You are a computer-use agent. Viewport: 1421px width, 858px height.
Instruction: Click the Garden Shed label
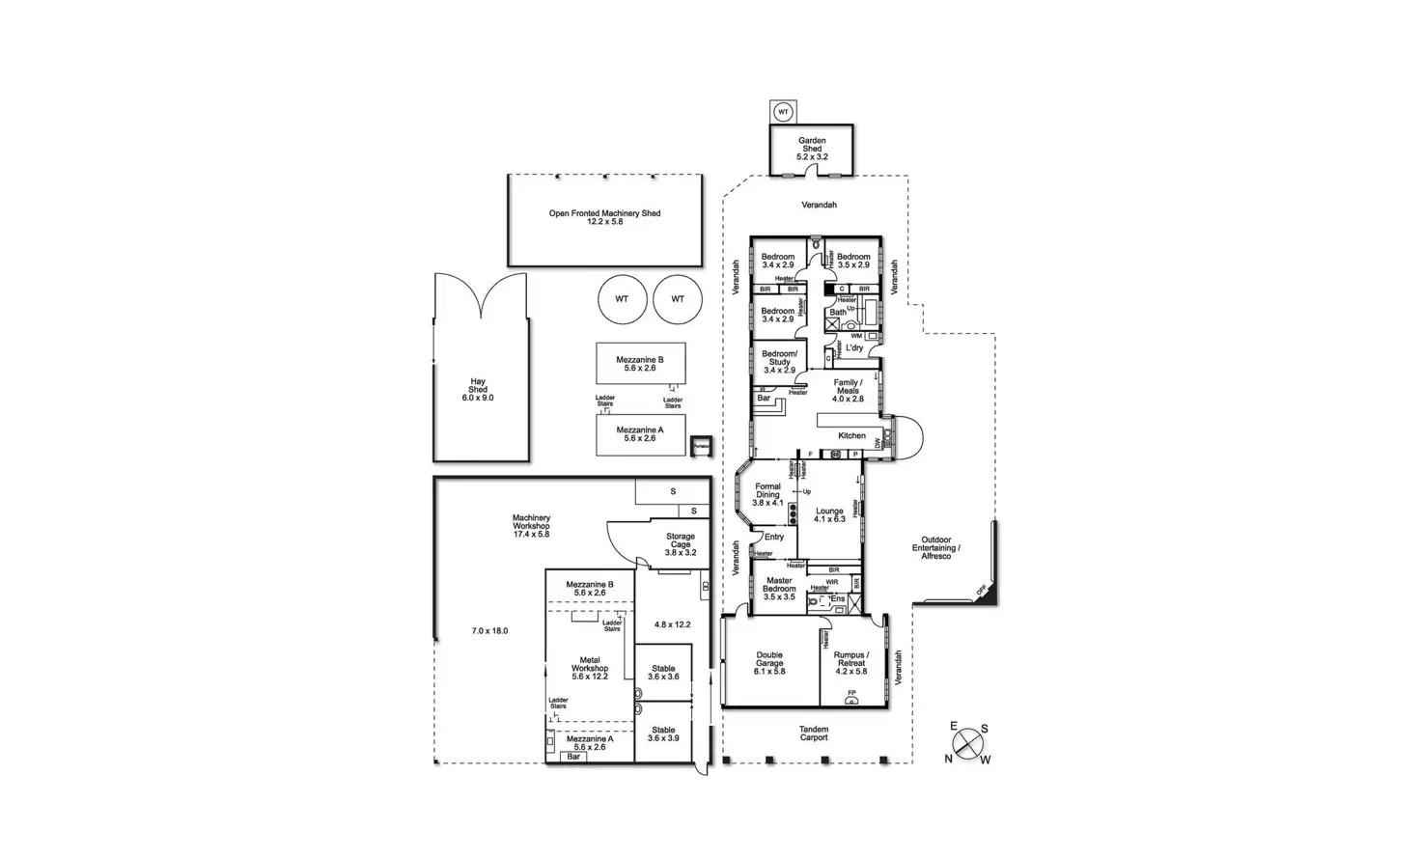point(812,149)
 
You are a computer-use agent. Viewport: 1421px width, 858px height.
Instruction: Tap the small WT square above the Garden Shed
point(784,112)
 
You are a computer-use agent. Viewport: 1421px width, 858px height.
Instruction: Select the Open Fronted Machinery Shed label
point(605,217)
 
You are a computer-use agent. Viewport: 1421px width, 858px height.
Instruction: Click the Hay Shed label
point(478,390)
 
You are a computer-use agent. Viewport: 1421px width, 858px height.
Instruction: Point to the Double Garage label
point(769,663)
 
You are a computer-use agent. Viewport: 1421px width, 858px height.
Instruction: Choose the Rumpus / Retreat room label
point(850,663)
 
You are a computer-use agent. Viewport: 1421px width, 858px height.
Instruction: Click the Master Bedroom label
point(779,589)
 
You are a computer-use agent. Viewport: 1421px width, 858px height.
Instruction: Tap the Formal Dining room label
point(767,494)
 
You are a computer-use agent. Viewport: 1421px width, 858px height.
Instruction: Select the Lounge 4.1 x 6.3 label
point(829,514)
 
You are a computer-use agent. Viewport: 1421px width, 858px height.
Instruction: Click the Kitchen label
point(851,435)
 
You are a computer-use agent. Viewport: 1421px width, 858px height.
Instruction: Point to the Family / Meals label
point(848,390)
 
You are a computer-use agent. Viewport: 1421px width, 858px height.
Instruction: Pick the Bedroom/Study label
point(779,362)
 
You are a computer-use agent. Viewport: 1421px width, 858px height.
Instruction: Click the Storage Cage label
point(680,544)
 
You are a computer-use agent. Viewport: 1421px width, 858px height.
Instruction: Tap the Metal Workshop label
point(590,668)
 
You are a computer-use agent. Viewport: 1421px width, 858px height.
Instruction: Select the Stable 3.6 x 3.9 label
point(663,733)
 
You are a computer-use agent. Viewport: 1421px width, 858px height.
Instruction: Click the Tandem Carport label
point(814,733)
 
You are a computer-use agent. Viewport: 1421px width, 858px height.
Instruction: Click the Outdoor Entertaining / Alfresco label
point(936,547)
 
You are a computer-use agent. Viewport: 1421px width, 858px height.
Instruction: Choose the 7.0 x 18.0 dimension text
point(489,631)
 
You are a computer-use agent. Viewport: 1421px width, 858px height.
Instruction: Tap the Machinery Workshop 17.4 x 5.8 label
point(531,526)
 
